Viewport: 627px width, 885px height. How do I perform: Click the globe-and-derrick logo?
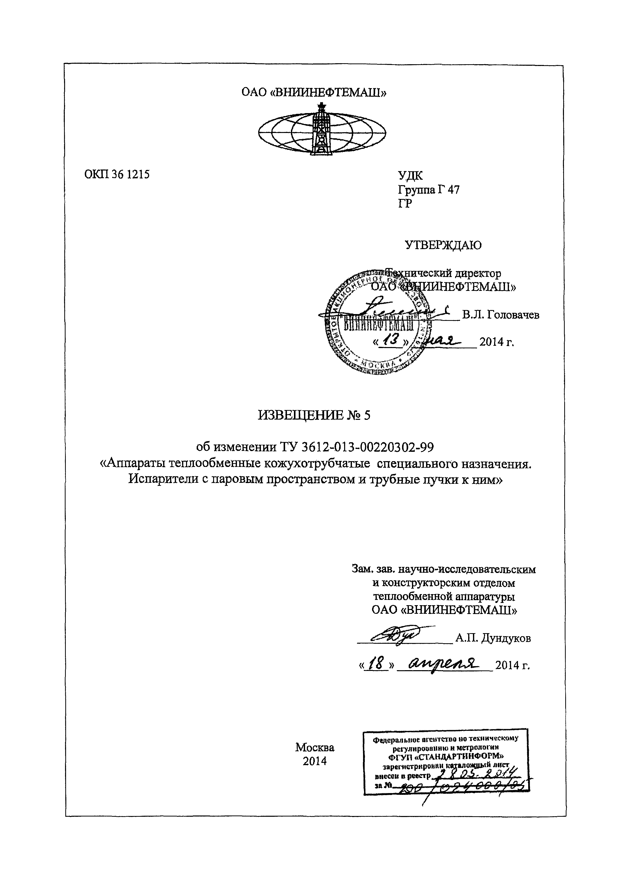(322, 130)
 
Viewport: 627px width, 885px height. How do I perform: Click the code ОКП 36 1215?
(116, 175)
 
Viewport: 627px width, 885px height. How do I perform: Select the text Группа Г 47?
(429, 190)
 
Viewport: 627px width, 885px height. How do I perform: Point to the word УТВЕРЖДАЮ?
(443, 245)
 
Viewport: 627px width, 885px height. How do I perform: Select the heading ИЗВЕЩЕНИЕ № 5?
(314, 415)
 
